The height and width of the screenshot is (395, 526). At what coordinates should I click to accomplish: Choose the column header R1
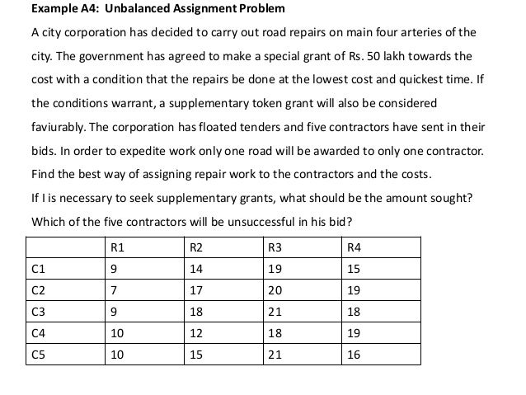click(117, 247)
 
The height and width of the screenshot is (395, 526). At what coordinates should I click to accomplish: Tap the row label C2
click(38, 289)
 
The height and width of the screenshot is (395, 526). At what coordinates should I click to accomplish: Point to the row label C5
click(38, 354)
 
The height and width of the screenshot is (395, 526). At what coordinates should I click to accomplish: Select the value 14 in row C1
click(196, 268)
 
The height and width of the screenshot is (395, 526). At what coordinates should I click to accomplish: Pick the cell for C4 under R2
click(196, 332)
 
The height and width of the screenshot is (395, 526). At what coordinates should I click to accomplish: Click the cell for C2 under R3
click(276, 289)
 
